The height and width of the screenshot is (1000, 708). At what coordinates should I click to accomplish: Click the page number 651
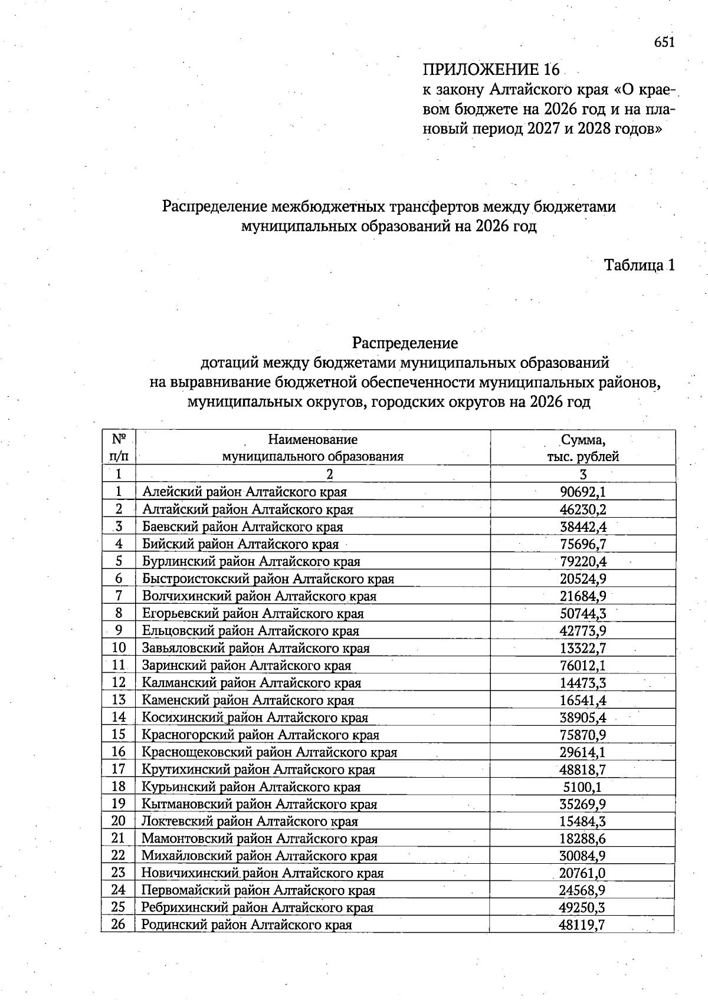click(663, 42)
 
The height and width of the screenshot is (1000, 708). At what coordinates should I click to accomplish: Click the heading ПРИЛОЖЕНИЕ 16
click(490, 70)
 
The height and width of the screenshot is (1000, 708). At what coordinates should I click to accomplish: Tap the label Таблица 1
click(639, 265)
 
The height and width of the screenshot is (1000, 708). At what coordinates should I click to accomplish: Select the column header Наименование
click(313, 439)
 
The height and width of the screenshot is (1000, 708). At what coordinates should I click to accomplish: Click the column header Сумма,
click(583, 440)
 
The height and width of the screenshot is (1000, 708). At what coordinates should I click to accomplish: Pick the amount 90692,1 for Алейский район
click(583, 492)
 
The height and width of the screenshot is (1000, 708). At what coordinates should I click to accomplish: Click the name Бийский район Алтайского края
click(240, 544)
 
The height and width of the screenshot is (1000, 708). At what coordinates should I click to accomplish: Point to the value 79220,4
click(583, 561)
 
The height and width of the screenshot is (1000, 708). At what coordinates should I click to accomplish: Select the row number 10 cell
click(119, 648)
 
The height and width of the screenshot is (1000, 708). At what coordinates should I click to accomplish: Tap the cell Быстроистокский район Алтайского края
click(268, 578)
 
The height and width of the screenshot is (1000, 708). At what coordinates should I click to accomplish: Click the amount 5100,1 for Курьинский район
click(583, 787)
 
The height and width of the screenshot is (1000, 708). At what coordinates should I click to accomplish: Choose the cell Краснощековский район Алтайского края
click(269, 752)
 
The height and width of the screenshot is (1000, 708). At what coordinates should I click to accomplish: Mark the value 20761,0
click(583, 873)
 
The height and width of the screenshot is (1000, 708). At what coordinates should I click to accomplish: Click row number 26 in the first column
click(119, 925)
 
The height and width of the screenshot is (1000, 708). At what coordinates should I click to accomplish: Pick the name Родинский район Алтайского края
click(247, 925)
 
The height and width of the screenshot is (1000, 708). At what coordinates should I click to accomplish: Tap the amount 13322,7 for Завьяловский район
click(583, 648)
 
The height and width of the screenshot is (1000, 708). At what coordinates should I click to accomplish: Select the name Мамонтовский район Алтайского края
click(259, 838)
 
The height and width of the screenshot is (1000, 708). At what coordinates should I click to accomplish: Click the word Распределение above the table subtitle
click(405, 343)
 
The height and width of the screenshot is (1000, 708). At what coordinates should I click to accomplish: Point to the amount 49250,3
click(583, 907)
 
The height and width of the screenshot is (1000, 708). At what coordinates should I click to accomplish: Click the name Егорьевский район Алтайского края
click(253, 613)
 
